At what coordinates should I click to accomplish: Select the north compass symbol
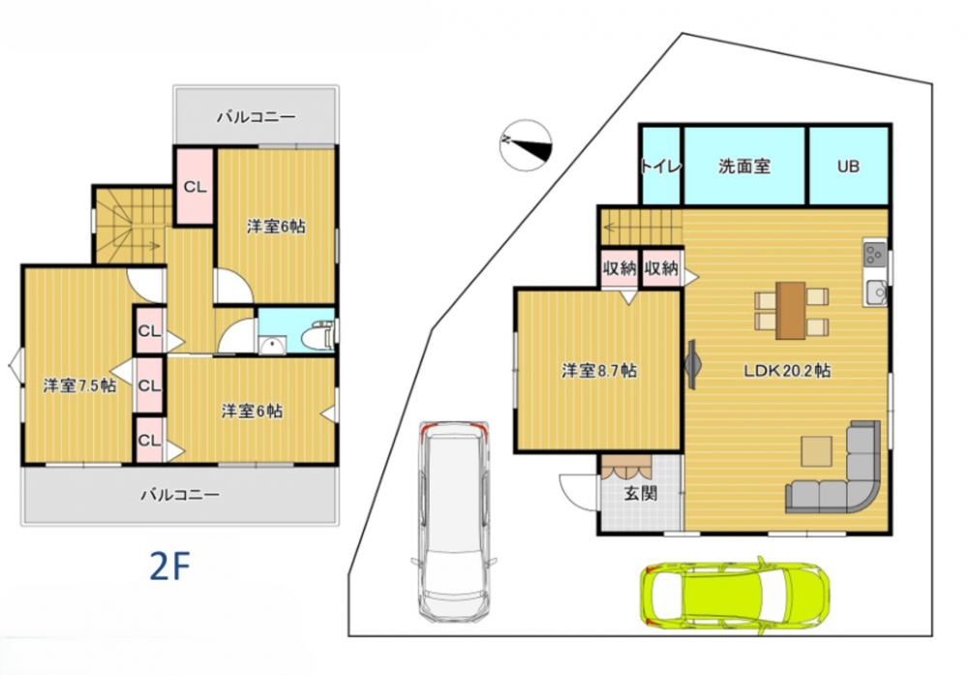pos(526,145)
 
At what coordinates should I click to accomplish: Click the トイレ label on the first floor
pos(661,167)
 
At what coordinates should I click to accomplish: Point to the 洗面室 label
pos(744,167)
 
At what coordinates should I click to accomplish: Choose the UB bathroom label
pos(848,167)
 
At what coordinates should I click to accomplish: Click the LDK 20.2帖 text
pos(787,371)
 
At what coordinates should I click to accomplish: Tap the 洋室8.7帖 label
pos(599,371)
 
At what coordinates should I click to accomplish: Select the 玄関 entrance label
pos(640,493)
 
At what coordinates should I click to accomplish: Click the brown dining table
pos(791,311)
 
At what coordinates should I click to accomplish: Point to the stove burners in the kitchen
pos(875,253)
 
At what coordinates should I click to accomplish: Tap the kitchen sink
pos(875,292)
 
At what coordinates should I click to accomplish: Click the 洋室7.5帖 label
pos(79,386)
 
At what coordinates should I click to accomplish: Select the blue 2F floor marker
pos(169,566)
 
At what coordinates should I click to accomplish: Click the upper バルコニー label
pos(256,117)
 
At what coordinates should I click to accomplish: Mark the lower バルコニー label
pos(180,495)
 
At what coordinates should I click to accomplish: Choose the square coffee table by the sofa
pos(817,451)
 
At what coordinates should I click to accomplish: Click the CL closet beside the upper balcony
pos(196,187)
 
